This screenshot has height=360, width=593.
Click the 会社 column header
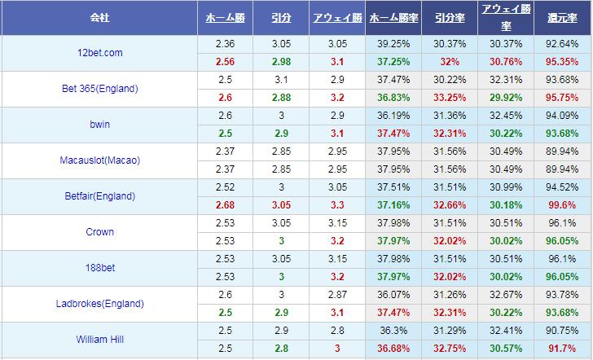coord(99,17)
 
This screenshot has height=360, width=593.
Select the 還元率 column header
coord(564,17)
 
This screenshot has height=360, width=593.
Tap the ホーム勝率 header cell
coord(394,17)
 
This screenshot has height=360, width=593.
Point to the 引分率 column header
coord(450,17)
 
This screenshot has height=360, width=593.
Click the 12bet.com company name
coord(99,53)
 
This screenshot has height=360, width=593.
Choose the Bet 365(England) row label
coord(99,89)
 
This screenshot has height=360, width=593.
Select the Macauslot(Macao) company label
coord(99,160)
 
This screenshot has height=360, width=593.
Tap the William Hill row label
coord(99,340)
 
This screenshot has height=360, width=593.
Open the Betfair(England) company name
coord(99,196)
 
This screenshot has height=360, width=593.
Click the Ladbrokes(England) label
coord(99,304)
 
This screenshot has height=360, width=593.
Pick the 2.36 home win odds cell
coord(226,44)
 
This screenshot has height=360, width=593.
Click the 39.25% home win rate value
coord(394,44)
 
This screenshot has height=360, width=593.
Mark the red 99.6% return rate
coord(564,205)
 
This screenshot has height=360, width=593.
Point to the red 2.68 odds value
coord(226,205)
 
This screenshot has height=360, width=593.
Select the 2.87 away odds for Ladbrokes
coord(338,295)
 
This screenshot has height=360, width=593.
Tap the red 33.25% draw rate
coord(450,98)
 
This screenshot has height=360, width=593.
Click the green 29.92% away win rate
coord(506,98)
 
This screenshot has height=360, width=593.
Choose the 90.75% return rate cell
coord(564,331)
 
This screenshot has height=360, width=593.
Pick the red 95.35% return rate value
coord(564,62)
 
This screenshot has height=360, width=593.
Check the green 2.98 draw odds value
coord(282,62)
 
